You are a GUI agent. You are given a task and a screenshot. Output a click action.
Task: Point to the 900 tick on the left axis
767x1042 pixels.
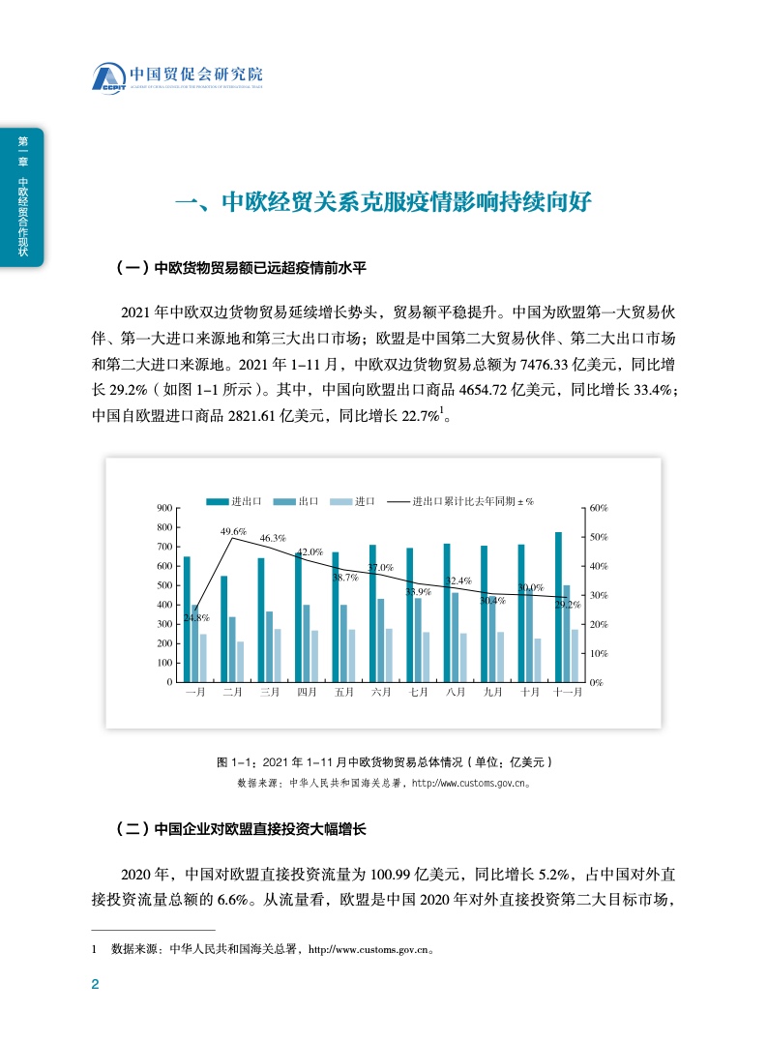click(x=164, y=508)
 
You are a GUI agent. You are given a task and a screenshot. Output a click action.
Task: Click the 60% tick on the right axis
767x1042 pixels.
click(x=598, y=508)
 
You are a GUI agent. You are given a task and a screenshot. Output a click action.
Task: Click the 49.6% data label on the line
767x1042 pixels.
click(x=233, y=531)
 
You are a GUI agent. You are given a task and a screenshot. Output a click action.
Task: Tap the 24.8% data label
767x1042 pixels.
click(x=197, y=617)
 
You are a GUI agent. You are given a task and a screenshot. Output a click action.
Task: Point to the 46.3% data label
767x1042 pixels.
click(x=272, y=538)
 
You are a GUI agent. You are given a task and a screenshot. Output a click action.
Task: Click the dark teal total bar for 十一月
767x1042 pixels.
click(x=558, y=607)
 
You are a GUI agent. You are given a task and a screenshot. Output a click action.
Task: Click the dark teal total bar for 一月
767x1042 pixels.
click(x=187, y=619)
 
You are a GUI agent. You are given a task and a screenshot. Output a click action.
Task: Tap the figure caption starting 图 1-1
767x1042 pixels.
click(x=384, y=761)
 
